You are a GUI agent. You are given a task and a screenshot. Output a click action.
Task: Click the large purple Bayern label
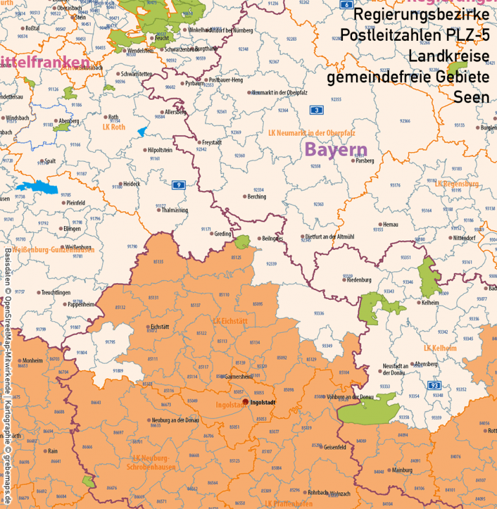(336, 150)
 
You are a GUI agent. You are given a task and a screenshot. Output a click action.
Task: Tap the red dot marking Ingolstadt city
(245, 402)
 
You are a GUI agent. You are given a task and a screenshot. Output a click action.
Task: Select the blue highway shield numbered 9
(178, 185)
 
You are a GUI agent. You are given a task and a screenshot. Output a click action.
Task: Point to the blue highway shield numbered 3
(316, 111)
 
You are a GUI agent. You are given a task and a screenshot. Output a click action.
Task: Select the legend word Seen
(471, 98)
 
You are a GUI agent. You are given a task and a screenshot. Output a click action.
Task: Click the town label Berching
(256, 196)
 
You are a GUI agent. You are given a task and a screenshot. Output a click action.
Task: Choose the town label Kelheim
(431, 302)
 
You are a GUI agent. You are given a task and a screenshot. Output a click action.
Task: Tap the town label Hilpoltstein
(160, 150)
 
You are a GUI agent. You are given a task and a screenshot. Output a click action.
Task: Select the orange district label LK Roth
(113, 126)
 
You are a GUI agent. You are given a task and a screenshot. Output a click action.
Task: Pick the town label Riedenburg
(358, 280)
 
